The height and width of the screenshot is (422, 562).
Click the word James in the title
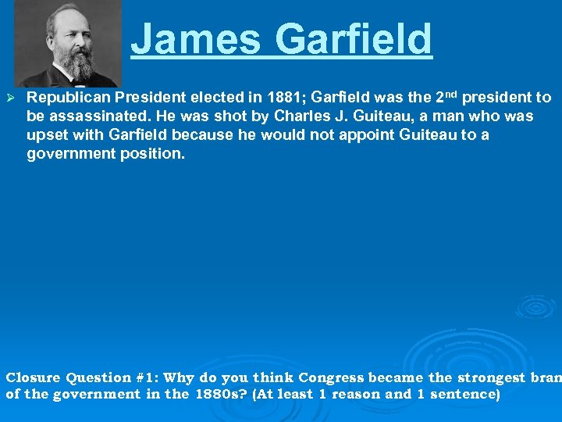[x=198, y=39]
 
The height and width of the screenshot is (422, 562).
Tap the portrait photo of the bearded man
[x=69, y=43]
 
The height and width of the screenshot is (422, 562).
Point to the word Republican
[x=69, y=98]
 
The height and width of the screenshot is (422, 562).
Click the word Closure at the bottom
[x=33, y=377]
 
